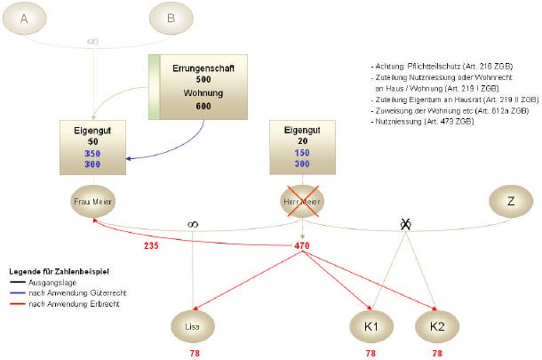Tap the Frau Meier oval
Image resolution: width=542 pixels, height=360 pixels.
click(92, 201)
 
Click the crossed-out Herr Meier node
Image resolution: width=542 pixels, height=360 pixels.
click(301, 201)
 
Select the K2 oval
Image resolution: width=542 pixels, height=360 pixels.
click(436, 326)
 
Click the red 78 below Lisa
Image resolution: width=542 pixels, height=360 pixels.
click(194, 353)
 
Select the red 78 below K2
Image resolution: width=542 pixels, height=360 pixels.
click(436, 353)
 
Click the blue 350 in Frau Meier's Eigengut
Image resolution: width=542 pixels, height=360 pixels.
click(92, 154)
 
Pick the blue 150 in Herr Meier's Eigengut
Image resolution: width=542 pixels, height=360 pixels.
click(301, 153)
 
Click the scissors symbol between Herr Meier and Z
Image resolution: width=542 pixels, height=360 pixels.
click(406, 224)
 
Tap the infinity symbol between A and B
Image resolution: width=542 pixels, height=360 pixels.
click(92, 41)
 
